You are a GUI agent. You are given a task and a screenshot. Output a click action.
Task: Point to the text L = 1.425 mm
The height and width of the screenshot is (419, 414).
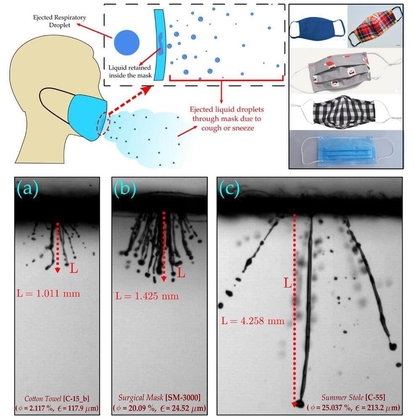pos(147,296)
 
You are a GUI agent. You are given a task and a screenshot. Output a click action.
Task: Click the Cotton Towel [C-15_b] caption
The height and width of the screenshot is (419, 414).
pos(57,398)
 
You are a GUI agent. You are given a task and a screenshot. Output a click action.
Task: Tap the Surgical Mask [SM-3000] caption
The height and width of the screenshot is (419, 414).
pos(159,398)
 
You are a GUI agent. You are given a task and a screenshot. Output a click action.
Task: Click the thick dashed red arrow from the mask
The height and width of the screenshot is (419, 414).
pos(130,99)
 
